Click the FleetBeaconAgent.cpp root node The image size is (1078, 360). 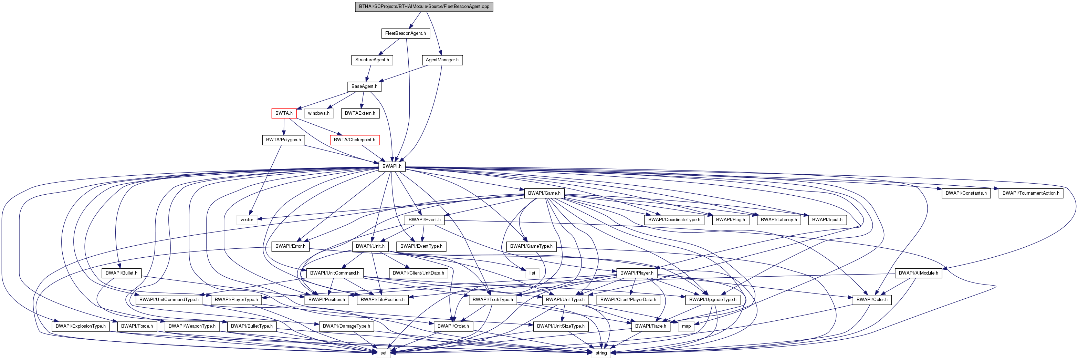point(424,7)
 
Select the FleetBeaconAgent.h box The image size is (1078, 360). point(405,33)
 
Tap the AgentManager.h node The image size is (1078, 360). point(442,60)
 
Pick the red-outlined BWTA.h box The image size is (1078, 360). point(284,113)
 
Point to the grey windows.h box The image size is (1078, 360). point(318,113)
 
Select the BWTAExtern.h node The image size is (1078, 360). point(360,113)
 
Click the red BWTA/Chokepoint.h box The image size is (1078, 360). point(354,140)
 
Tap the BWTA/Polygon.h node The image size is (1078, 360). point(283,140)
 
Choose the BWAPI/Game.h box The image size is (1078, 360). point(544,193)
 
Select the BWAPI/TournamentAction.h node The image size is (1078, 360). point(1031,193)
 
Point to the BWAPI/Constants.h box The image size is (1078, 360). point(966,193)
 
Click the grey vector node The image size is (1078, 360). point(247,220)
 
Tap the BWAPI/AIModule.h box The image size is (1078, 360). point(918,273)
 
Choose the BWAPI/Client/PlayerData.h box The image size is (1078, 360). point(628,300)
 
